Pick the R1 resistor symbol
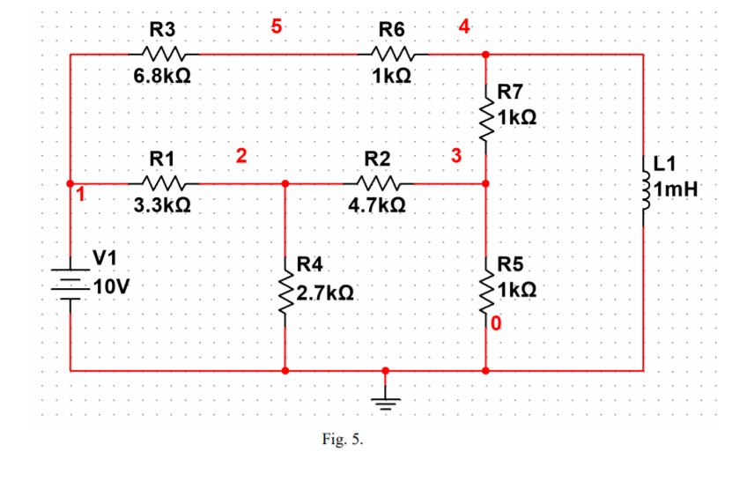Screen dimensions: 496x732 [162, 183]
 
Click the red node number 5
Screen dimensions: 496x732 [276, 26]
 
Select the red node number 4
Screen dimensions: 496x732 [464, 26]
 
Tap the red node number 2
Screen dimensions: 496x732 [240, 158]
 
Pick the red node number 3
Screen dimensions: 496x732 [455, 158]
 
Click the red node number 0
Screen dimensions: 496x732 [496, 324]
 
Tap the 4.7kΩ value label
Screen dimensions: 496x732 [378, 206]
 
